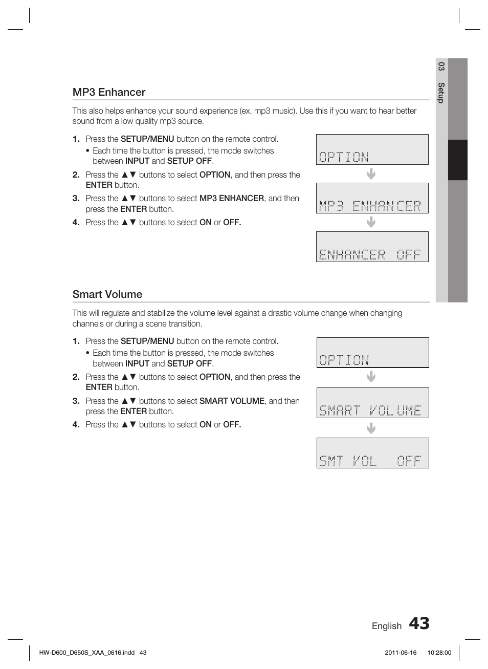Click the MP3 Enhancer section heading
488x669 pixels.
click(x=109, y=92)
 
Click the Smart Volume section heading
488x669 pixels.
click(x=107, y=294)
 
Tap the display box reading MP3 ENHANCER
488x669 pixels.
click(x=372, y=198)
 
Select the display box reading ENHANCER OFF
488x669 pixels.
click(x=372, y=247)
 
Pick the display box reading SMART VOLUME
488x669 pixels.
click(x=372, y=403)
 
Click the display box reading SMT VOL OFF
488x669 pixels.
click(x=372, y=453)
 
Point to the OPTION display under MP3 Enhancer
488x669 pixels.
click(x=372, y=149)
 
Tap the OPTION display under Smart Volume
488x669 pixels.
click(x=372, y=353)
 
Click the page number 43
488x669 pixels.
click(x=419, y=623)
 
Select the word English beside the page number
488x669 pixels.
click(x=386, y=626)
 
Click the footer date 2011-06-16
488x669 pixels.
click(x=401, y=653)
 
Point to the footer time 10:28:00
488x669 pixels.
click(x=439, y=653)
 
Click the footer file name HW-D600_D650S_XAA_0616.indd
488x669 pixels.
click(x=87, y=653)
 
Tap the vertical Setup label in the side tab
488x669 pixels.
click(x=441, y=93)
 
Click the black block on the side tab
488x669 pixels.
click(x=457, y=160)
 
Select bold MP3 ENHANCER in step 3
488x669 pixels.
click(x=232, y=198)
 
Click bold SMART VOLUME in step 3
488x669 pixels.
click(x=232, y=401)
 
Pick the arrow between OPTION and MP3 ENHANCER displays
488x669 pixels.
click(x=371, y=174)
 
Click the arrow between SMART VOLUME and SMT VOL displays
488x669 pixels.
click(x=371, y=428)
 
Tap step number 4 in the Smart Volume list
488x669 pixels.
click(x=76, y=425)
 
